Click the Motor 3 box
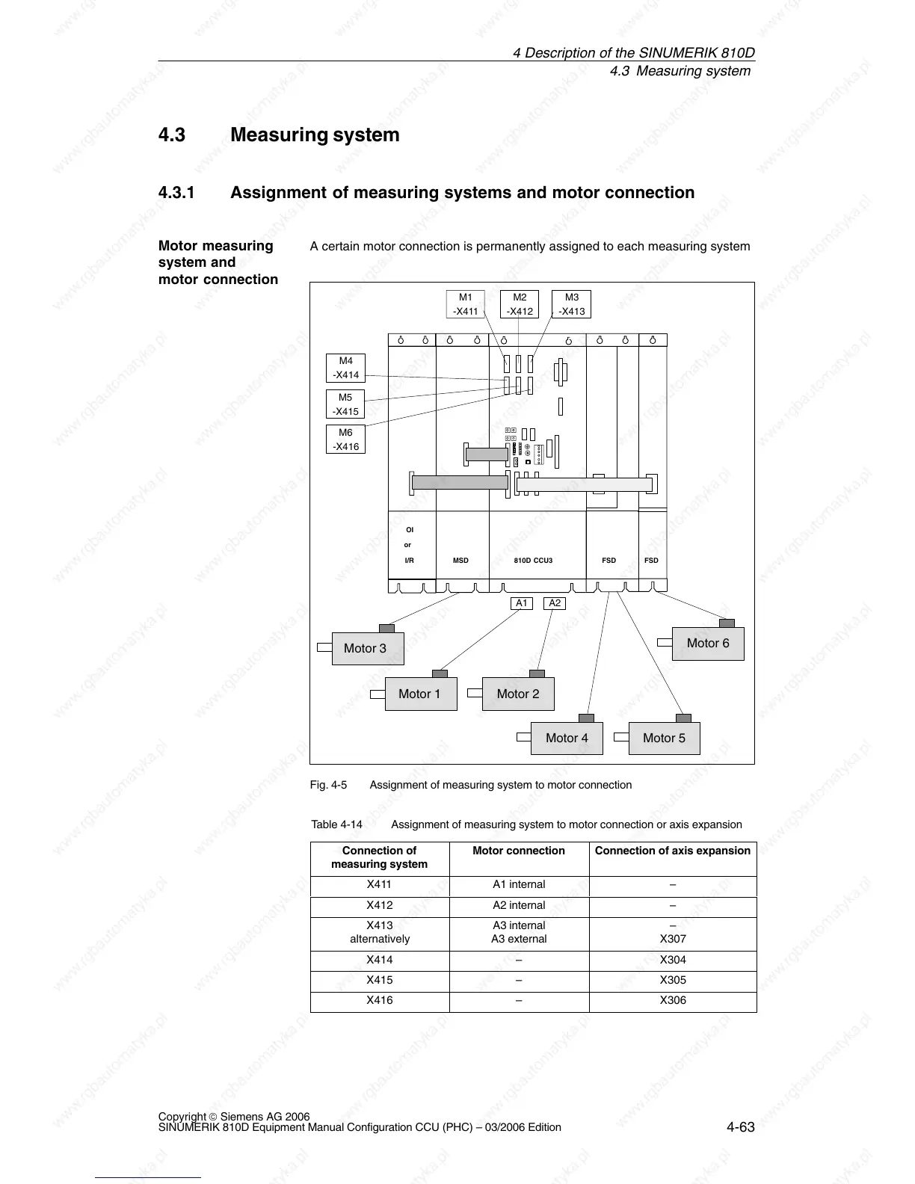pyautogui.click(x=367, y=649)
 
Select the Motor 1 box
pyautogui.click(x=420, y=694)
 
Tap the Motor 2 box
pyautogui.click(x=517, y=694)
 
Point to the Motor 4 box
pyautogui.click(x=567, y=739)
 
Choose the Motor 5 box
pyautogui.click(x=664, y=739)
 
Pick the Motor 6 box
pyautogui.click(x=708, y=644)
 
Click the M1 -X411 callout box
pyautogui.click(x=466, y=304)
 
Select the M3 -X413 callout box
pyautogui.click(x=571, y=304)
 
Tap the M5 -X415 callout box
pyautogui.click(x=345, y=404)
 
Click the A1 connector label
pyautogui.click(x=522, y=603)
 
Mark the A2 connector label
pyautogui.click(x=555, y=603)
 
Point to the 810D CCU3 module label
pyautogui.click(x=533, y=561)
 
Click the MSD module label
pyautogui.click(x=460, y=561)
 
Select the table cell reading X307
pyautogui.click(x=673, y=940)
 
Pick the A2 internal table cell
pyautogui.click(x=519, y=905)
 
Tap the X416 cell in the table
pyautogui.click(x=380, y=1000)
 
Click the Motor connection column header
pyautogui.click(x=519, y=851)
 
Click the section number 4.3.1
pyautogui.click(x=176, y=193)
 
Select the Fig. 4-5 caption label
pyautogui.click(x=328, y=785)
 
